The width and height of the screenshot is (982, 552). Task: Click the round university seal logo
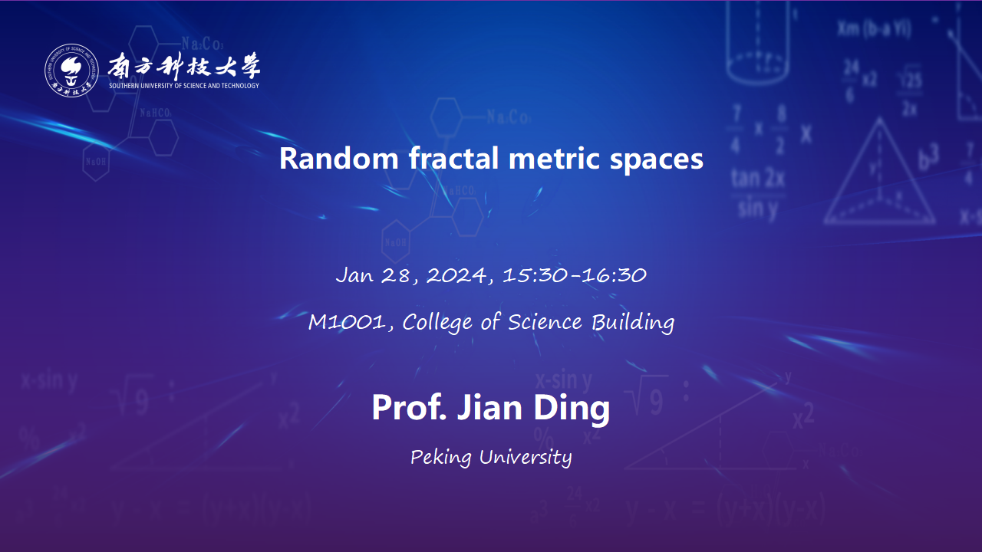point(71,70)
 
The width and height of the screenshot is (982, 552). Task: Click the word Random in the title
point(339,158)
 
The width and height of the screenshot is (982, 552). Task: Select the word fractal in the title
point(454,158)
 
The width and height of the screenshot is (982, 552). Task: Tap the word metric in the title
point(554,158)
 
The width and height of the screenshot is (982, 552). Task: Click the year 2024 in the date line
point(456,275)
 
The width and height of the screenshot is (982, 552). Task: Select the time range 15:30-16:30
point(575,275)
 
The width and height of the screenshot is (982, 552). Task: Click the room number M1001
point(347,322)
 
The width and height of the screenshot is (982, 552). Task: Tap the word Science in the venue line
point(545,322)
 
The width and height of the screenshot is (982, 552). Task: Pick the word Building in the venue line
point(633,323)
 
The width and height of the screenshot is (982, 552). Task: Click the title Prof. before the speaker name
point(409,407)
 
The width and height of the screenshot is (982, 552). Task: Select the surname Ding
point(572,409)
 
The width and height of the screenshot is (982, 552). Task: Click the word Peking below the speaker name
point(440,458)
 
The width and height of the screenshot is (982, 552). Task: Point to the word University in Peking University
point(526,458)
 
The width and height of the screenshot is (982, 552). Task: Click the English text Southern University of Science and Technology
point(184,85)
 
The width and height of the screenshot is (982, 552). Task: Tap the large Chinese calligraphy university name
point(184,66)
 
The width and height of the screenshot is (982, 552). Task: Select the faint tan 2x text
point(757,179)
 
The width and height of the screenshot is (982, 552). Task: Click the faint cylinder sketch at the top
point(757,41)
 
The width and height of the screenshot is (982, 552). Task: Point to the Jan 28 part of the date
point(374,275)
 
